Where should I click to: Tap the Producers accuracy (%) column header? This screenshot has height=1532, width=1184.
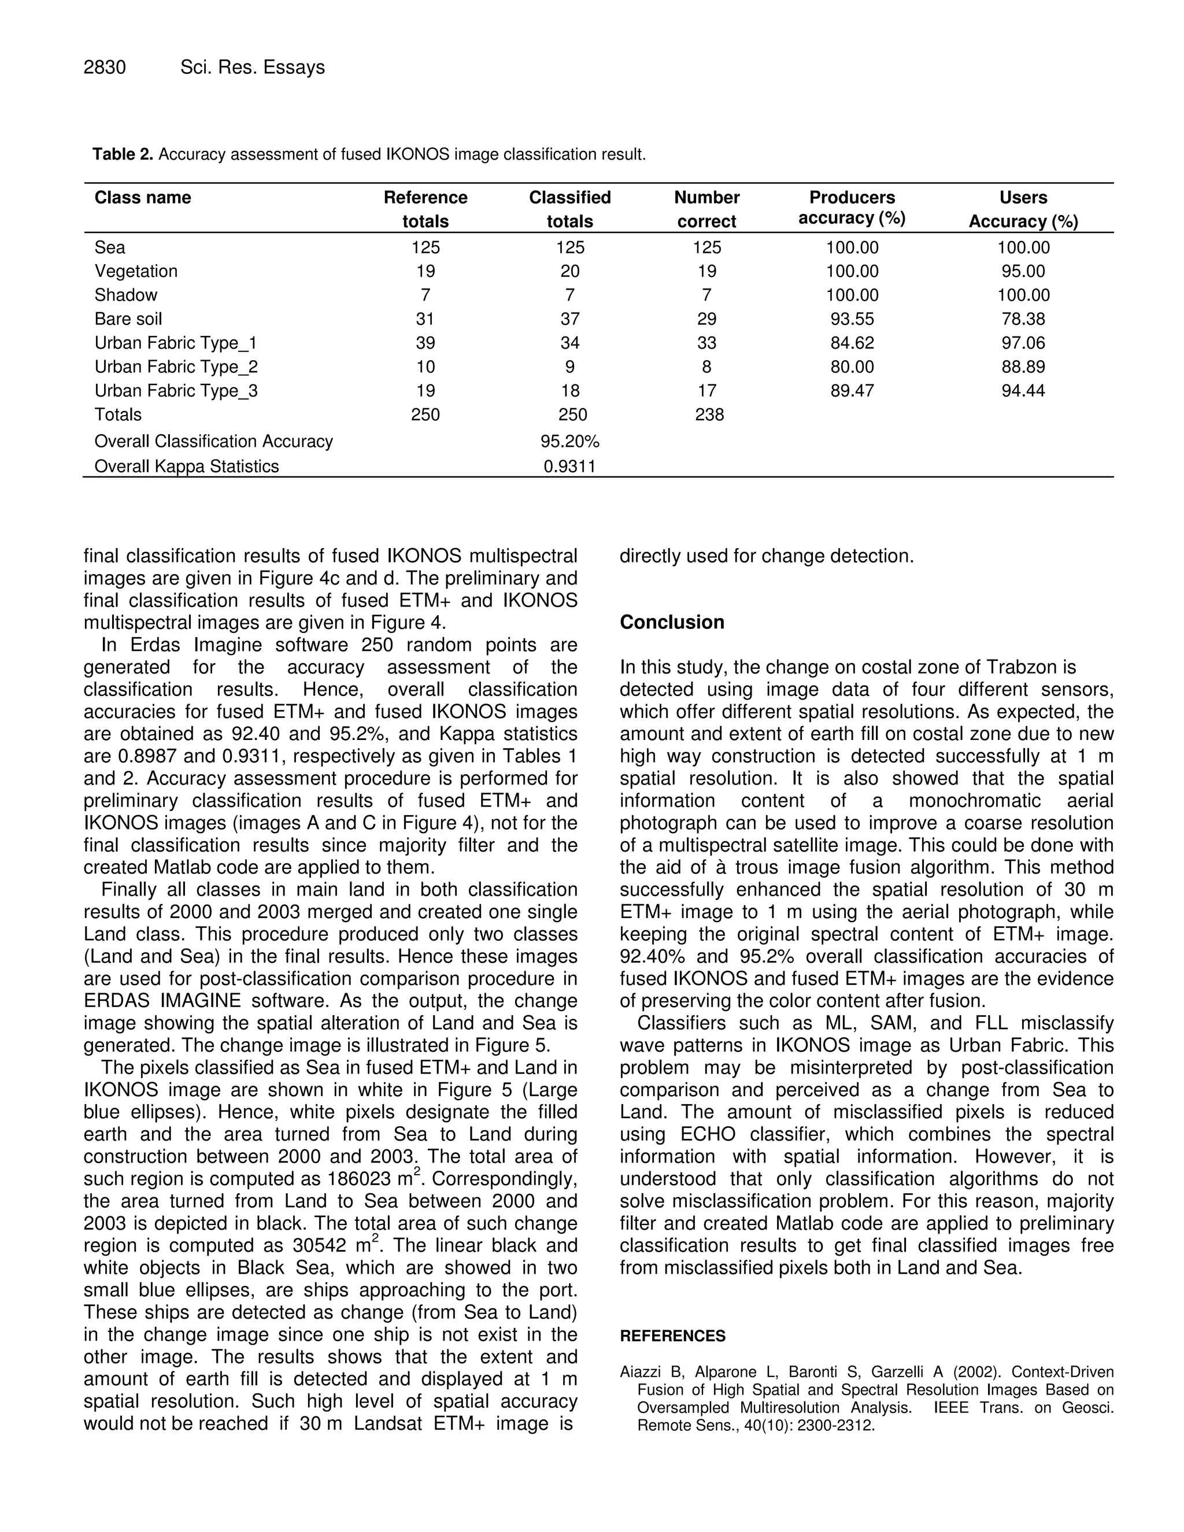(852, 208)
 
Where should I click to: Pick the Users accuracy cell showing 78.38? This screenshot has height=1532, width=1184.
(1023, 319)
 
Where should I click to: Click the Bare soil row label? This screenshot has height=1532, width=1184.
(128, 319)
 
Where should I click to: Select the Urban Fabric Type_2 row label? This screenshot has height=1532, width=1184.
(176, 367)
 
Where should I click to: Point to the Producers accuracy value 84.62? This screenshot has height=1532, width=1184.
(852, 343)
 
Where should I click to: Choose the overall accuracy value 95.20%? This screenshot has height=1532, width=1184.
(569, 441)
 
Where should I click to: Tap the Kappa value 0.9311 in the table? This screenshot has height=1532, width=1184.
(569, 467)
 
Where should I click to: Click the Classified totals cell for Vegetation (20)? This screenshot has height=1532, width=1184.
(569, 272)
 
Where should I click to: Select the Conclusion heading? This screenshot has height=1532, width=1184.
(672, 622)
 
